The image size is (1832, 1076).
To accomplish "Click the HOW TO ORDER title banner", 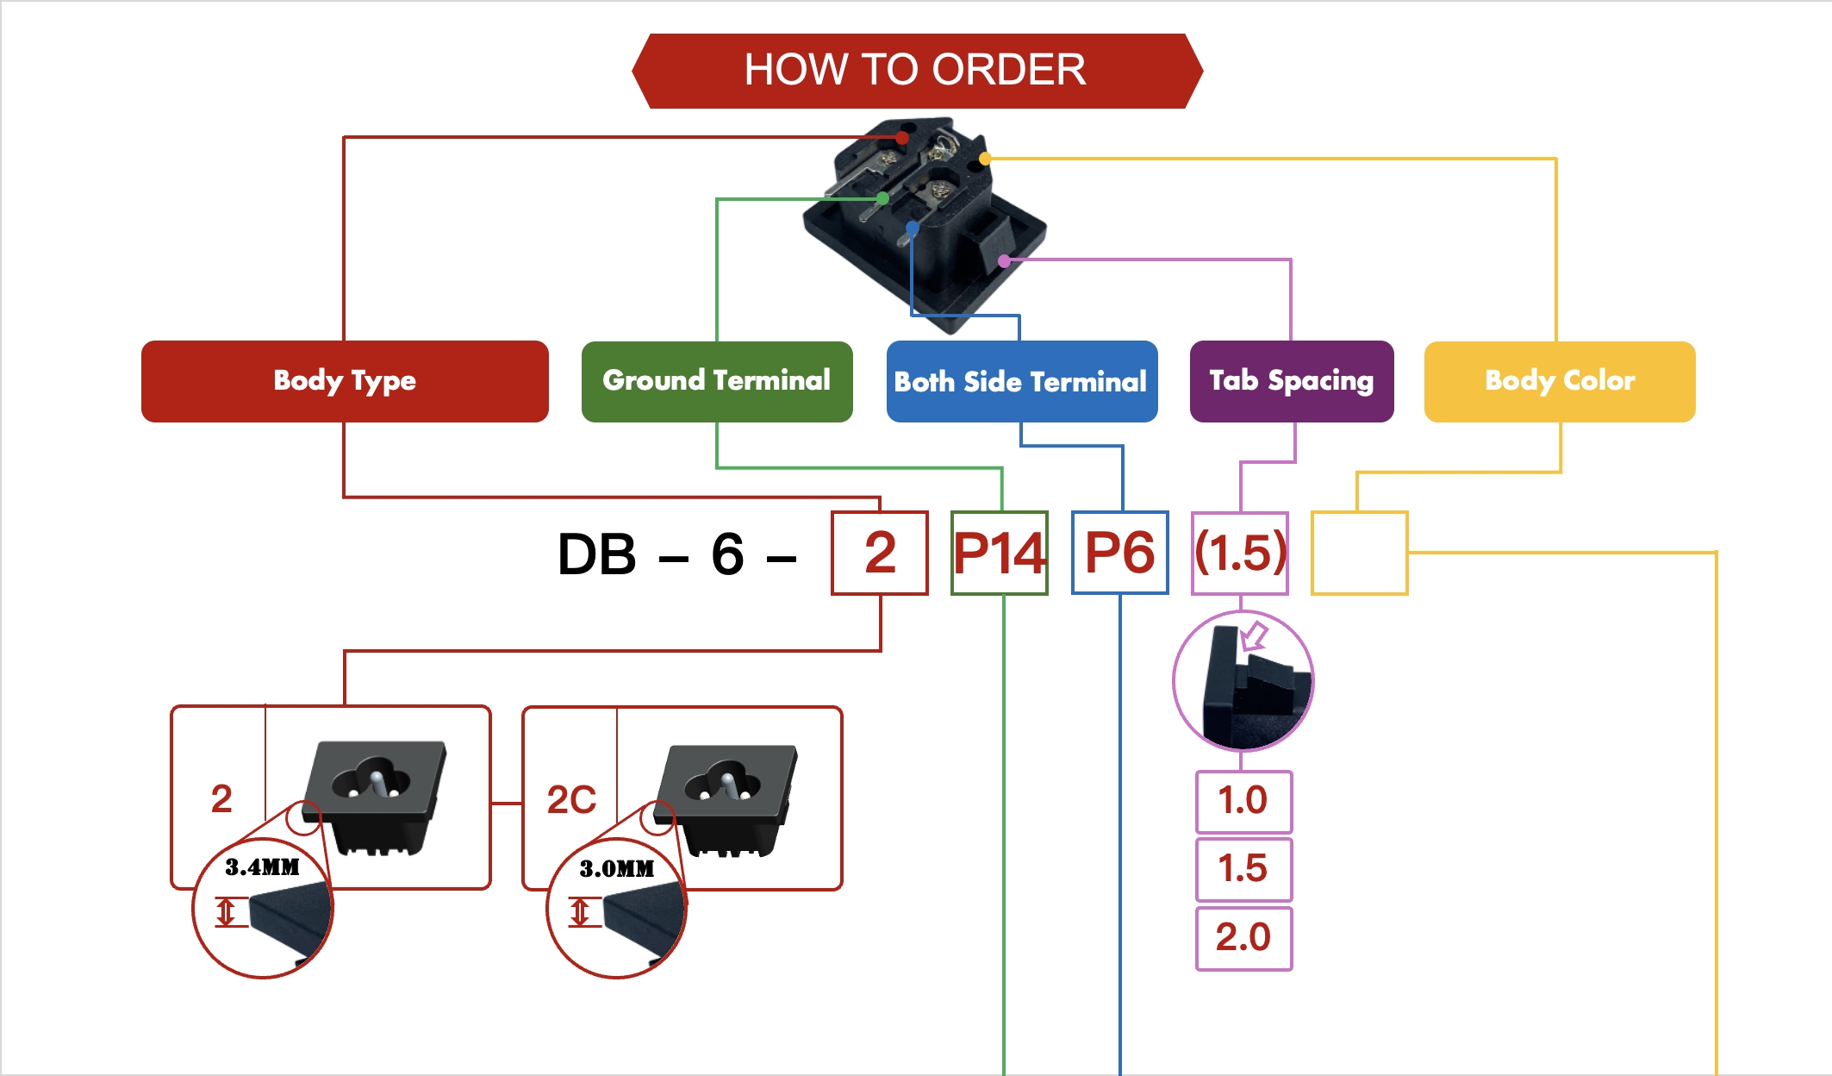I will click(x=916, y=71).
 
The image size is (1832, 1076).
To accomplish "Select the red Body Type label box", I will click(x=345, y=381).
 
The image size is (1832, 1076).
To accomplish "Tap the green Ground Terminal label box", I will click(x=717, y=381).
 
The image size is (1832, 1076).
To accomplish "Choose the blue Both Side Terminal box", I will click(x=1021, y=381).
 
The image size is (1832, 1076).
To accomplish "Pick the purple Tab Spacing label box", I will click(x=1291, y=381).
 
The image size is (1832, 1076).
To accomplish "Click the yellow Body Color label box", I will click(x=1559, y=381).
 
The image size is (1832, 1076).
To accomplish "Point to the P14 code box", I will click(x=999, y=553).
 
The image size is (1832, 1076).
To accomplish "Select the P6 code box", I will click(x=1119, y=553).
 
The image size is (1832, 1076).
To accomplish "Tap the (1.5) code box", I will click(x=1240, y=553).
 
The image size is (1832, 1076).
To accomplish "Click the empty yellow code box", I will click(x=1359, y=553).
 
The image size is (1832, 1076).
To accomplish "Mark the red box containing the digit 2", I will click(x=879, y=553).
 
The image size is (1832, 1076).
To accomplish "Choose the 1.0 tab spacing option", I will click(x=1243, y=801).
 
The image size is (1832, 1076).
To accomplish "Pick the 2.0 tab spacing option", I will click(x=1243, y=937).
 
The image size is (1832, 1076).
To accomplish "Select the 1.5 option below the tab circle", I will click(x=1243, y=869).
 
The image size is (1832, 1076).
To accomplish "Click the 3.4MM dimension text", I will click(x=262, y=867).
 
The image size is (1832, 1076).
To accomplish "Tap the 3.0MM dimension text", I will click(x=617, y=869).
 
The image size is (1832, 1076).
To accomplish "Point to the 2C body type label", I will click(x=571, y=800).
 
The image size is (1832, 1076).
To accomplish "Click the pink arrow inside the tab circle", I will click(x=1255, y=636).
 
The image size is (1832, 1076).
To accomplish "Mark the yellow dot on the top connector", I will click(x=985, y=159).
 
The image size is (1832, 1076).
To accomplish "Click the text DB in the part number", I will click(x=596, y=554).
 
